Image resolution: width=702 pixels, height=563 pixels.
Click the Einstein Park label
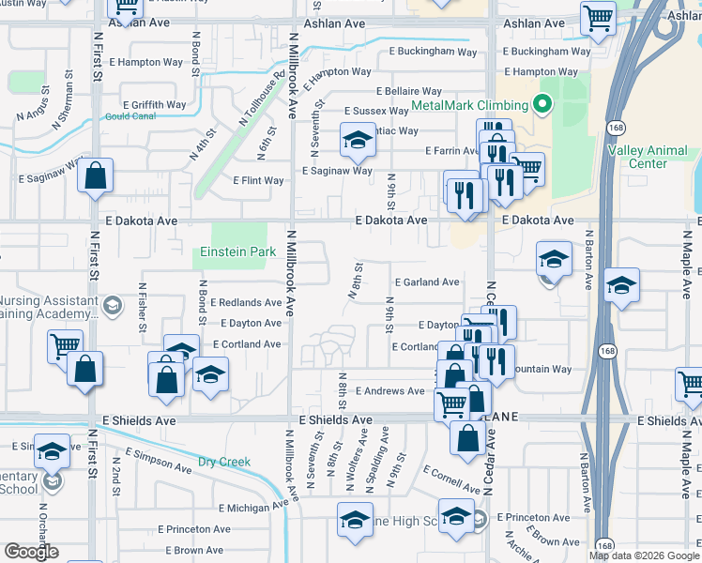click(237, 251)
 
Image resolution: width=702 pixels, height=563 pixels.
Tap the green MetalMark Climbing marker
click(541, 104)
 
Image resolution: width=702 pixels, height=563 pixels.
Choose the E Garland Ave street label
click(427, 281)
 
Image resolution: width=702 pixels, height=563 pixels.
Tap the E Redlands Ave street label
click(246, 303)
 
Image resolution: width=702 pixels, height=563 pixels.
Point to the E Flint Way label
click(258, 180)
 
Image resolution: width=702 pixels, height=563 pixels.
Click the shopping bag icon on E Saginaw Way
click(96, 175)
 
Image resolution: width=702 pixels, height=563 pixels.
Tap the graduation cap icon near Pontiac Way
click(357, 141)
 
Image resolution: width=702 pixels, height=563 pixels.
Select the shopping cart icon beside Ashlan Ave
click(597, 17)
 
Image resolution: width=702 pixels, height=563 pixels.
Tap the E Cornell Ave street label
click(450, 480)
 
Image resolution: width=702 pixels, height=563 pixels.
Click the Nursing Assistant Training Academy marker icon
click(113, 304)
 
